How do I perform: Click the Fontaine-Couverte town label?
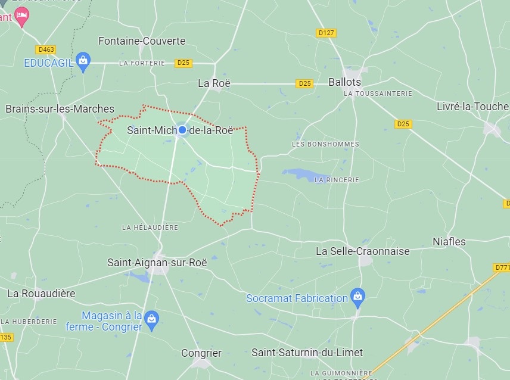(142, 41)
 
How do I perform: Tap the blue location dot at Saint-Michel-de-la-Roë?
(183, 130)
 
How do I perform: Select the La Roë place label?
(214, 83)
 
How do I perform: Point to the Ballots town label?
(345, 82)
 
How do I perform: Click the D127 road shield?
(326, 33)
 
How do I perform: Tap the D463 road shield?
(45, 50)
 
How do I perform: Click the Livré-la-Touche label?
(472, 107)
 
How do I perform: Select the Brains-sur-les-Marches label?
(60, 109)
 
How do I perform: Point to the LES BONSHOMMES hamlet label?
(325, 144)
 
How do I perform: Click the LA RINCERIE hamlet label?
(337, 179)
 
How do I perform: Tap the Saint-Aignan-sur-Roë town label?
(157, 262)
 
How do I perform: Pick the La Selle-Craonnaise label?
(362, 251)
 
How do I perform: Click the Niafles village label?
(449, 242)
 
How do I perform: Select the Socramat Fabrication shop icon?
(357, 296)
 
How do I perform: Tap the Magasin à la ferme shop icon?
(152, 319)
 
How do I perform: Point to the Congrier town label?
(201, 353)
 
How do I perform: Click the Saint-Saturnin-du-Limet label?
(307, 353)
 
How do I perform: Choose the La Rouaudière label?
(41, 293)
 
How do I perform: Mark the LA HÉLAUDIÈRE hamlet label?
(150, 228)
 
